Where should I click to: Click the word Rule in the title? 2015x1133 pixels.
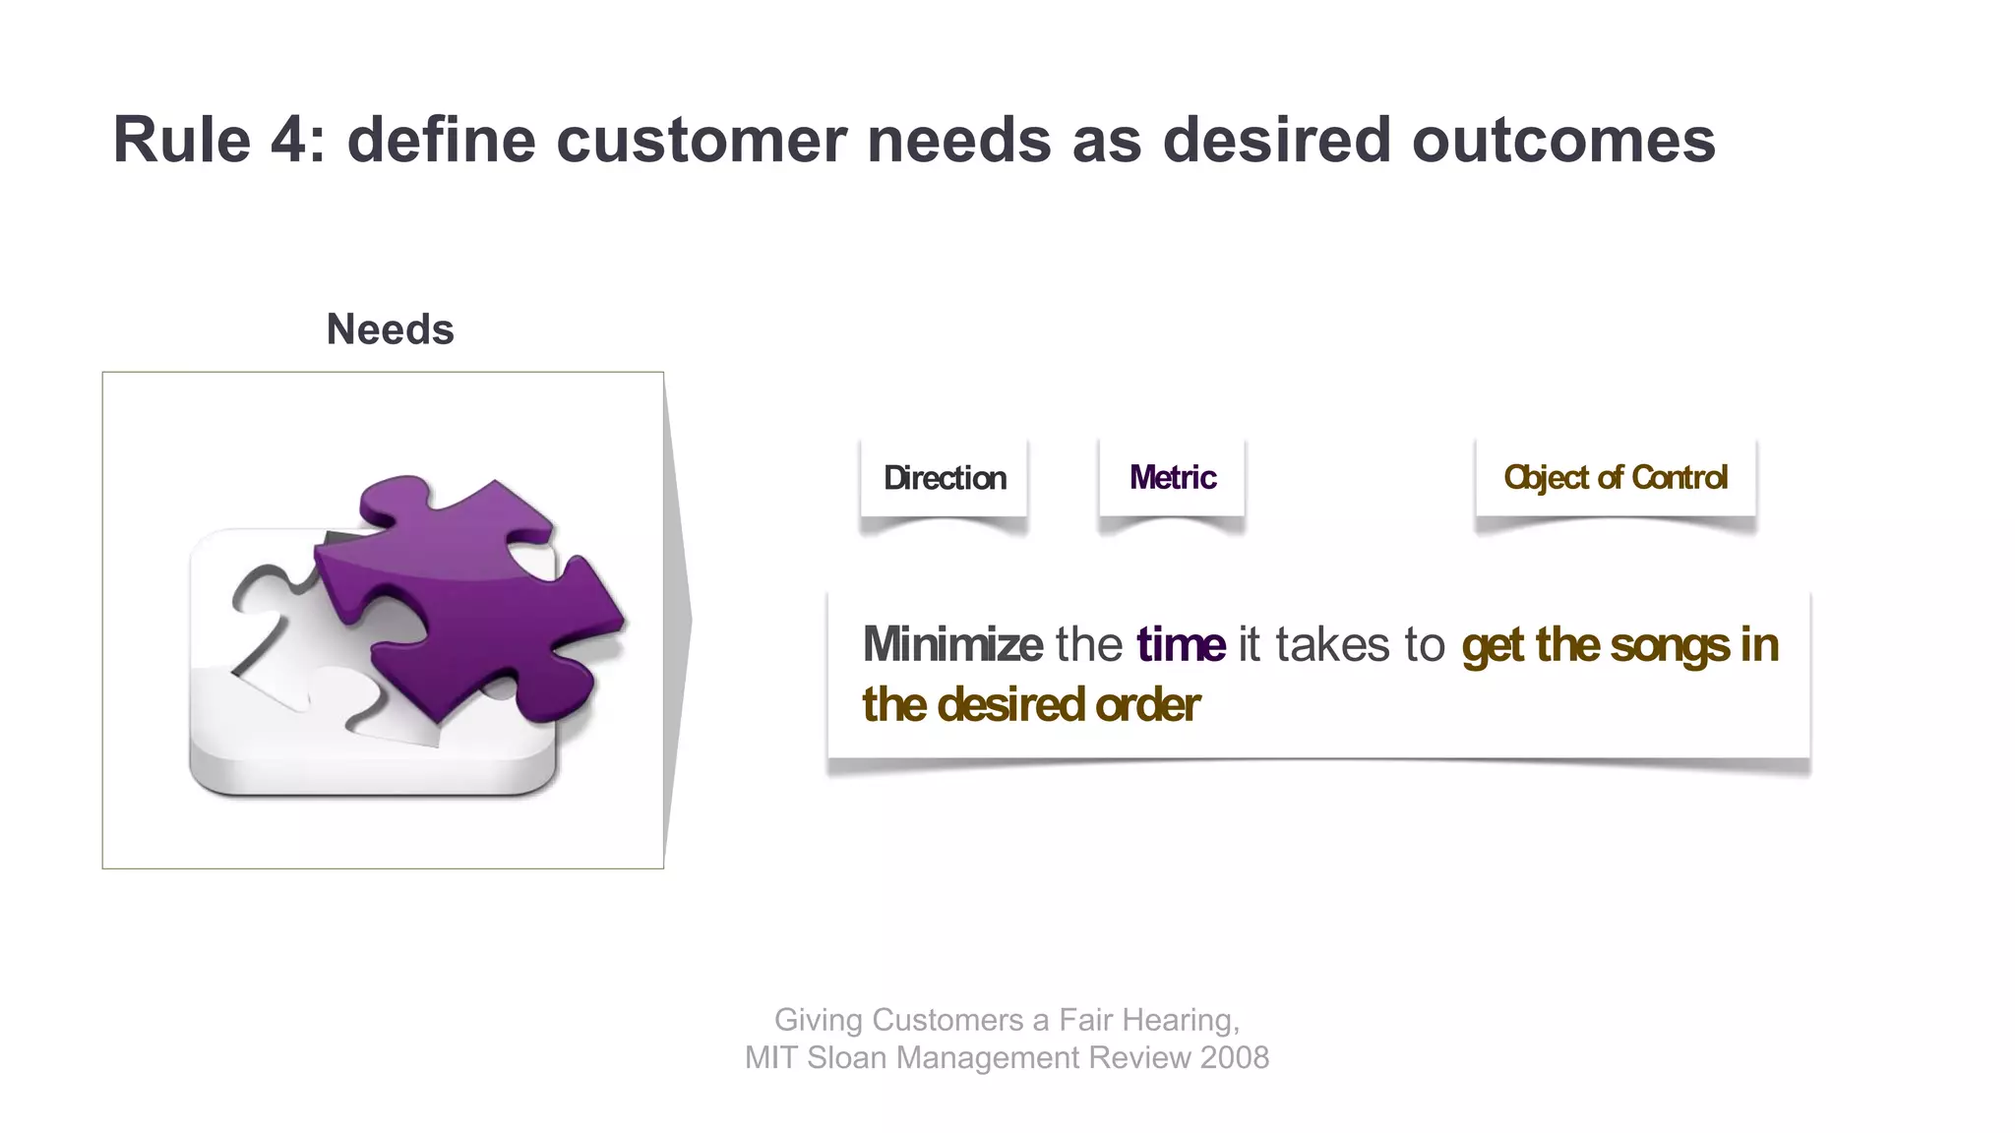tap(182, 140)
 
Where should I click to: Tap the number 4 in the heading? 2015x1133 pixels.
tap(290, 140)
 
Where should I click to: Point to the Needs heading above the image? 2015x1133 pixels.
tap(390, 329)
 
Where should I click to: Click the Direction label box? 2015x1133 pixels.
tap(945, 478)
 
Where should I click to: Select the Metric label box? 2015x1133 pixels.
tap(1172, 478)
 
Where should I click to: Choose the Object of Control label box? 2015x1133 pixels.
tap(1615, 478)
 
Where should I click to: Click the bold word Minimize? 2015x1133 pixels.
tap(951, 645)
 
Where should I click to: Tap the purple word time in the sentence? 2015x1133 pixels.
tap(1181, 645)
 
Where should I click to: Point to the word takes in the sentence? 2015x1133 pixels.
tap(1332, 645)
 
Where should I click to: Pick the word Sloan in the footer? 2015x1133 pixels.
tap(847, 1057)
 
